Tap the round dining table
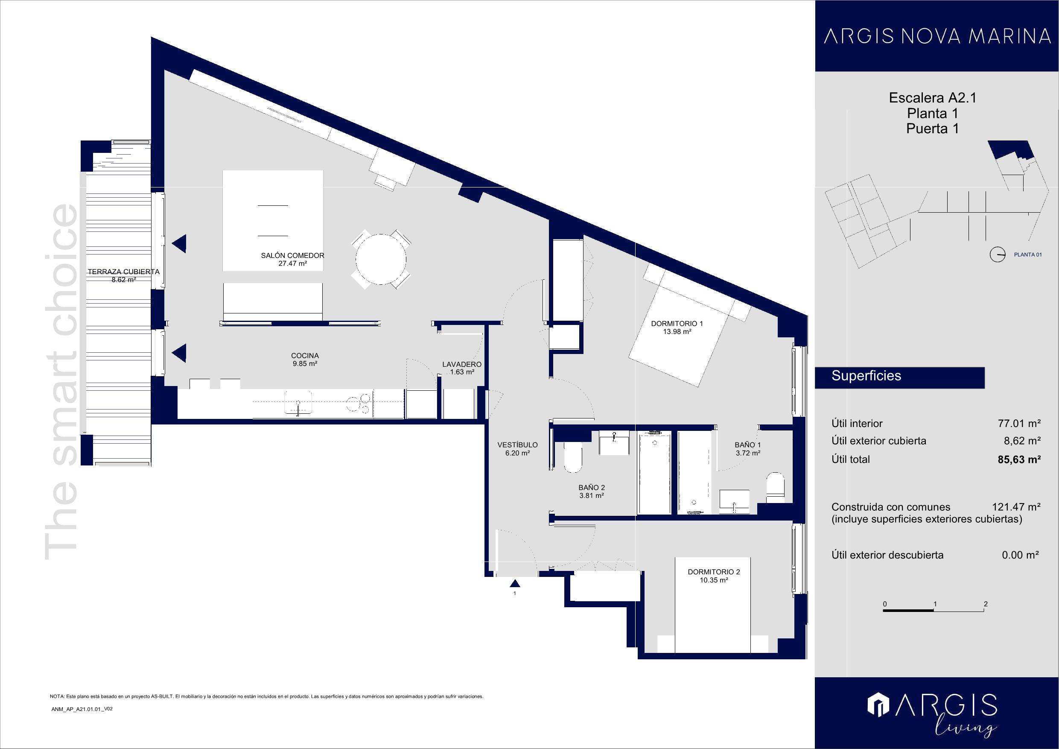click(x=381, y=259)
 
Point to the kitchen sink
click(x=298, y=403)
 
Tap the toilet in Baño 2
click(x=573, y=457)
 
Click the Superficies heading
click(x=866, y=376)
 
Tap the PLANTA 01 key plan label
click(x=1028, y=254)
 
